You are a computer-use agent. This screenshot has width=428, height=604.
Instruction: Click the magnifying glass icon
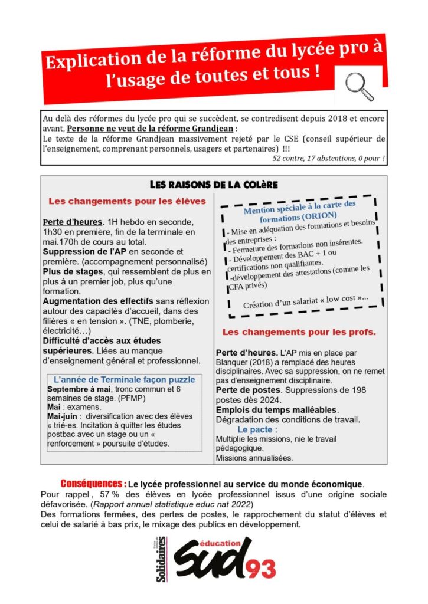coord(359,86)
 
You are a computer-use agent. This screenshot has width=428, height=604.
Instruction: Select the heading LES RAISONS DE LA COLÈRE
coord(214,184)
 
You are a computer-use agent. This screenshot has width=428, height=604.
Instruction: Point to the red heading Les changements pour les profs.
coord(299,331)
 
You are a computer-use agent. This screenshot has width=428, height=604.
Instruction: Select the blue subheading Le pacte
coord(257,429)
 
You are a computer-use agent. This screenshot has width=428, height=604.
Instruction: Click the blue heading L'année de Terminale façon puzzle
coord(124,379)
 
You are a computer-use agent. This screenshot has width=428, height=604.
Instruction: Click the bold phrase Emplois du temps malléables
coord(276,409)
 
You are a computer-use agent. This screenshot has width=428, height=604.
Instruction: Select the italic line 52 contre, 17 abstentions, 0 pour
coord(329,159)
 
